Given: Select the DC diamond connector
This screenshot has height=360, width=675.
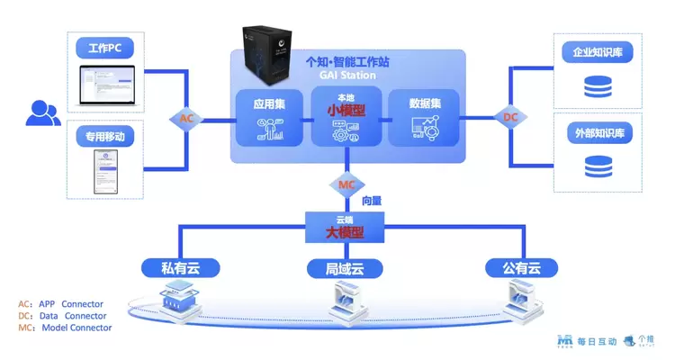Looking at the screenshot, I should pos(509,118).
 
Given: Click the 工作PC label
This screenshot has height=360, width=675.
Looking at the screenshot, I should pos(105,47).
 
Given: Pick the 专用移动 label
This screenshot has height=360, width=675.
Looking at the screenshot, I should pos(105,137).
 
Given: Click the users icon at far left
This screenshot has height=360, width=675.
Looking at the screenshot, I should pos(42,112).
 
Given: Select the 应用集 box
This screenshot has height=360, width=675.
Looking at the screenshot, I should pos(268,118).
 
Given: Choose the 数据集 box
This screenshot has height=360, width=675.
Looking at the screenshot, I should pos(423,118).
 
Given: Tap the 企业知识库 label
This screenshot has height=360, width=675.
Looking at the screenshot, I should pos(597,52).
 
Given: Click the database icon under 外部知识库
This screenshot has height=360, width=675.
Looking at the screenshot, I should pos(596,167).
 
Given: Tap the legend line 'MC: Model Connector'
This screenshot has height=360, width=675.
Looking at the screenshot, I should pos(65,328).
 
